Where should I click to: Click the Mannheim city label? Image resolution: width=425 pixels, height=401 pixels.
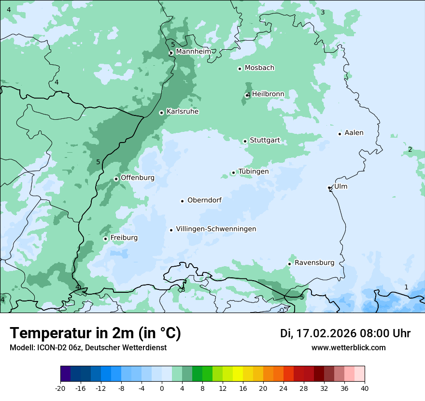193,51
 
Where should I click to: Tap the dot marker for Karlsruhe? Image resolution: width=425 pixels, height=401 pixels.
162,113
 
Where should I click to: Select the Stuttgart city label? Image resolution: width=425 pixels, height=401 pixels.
265,141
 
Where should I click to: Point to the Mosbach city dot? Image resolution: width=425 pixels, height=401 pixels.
240,69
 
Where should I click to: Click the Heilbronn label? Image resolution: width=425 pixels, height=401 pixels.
268,94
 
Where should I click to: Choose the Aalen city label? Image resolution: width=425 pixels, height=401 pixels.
354,133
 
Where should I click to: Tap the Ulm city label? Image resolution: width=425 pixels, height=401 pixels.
340,186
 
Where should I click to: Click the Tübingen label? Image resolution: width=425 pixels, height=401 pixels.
254,172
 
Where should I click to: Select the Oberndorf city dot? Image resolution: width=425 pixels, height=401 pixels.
183,201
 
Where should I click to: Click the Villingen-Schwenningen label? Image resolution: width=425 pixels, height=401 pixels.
216,229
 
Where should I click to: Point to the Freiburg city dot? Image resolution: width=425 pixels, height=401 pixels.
105,239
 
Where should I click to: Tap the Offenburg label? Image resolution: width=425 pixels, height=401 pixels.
138,178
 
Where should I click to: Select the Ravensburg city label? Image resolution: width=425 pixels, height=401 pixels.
314,263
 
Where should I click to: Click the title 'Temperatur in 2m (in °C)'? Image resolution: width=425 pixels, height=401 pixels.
95,333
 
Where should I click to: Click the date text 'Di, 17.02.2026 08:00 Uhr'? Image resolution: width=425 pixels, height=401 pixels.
345,333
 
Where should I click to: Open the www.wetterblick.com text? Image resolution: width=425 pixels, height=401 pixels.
348,347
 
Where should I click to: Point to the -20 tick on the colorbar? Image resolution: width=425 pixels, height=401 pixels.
60,388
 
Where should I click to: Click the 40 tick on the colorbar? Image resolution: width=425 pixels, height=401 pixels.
365,388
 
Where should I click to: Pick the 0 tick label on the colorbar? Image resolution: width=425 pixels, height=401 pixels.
162,388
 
